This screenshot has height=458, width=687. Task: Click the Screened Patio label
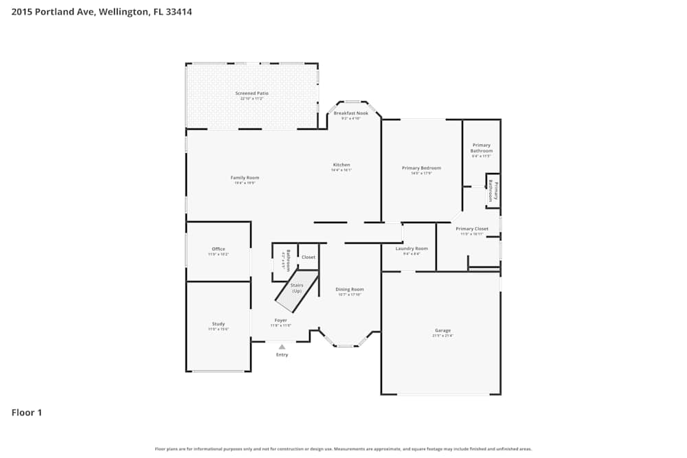pyautogui.click(x=251, y=93)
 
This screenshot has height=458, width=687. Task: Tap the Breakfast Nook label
pyautogui.click(x=351, y=113)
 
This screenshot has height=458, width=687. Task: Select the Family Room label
pyautogui.click(x=245, y=178)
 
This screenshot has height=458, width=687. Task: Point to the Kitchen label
pyautogui.click(x=341, y=165)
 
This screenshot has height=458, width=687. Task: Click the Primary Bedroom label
pyautogui.click(x=421, y=168)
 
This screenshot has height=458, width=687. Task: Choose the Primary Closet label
pyautogui.click(x=472, y=229)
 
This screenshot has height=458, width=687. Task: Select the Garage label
pyautogui.click(x=442, y=330)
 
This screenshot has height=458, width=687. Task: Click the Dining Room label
pyautogui.click(x=350, y=290)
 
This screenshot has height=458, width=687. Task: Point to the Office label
pyautogui.click(x=218, y=249)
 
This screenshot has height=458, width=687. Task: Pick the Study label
pyautogui.click(x=218, y=324)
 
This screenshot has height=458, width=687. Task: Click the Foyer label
pyautogui.click(x=280, y=321)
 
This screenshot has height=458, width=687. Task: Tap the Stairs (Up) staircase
pyautogui.click(x=297, y=289)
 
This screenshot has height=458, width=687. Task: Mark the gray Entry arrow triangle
pyautogui.click(x=282, y=347)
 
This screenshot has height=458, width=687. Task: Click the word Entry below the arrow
pyautogui.click(x=282, y=355)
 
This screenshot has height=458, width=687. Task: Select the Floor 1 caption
pyautogui.click(x=27, y=413)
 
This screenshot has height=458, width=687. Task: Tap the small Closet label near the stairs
pyautogui.click(x=308, y=257)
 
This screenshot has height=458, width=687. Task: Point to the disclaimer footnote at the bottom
pyautogui.click(x=343, y=449)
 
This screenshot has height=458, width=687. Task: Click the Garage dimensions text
pyautogui.click(x=442, y=336)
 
